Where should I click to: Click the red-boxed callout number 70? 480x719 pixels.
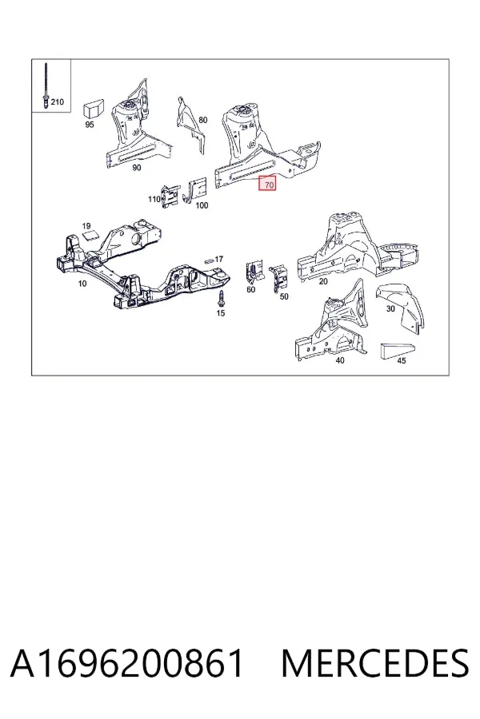(269, 185)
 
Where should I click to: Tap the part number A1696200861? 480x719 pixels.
(126, 663)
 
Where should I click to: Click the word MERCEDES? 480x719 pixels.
(375, 663)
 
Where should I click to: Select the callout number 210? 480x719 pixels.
(57, 101)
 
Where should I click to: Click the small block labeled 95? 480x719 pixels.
(93, 109)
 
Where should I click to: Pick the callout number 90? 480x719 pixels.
(137, 168)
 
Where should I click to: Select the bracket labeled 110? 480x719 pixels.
(169, 197)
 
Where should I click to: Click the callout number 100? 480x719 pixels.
(202, 205)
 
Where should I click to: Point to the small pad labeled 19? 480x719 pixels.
(91, 235)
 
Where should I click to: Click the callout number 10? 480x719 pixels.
(82, 284)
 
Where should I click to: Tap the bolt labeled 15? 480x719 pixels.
(221, 298)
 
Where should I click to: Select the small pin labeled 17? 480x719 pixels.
(210, 260)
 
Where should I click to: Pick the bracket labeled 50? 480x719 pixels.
(278, 277)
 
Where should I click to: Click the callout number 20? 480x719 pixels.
(323, 281)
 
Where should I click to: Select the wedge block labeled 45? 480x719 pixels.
(398, 351)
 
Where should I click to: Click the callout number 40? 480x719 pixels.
(339, 360)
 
